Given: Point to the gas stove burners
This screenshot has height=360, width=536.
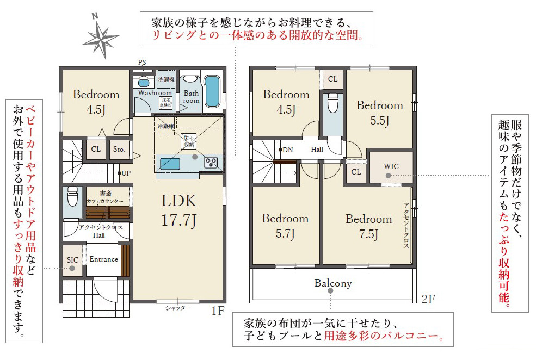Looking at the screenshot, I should point(211,162).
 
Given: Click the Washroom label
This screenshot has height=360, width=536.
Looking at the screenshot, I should point(155,93).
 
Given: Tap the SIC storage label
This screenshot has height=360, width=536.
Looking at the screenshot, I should point(72,260).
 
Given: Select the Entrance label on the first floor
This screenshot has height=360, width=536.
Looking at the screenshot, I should point(103,259).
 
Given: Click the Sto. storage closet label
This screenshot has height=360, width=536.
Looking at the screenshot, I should point(119,149).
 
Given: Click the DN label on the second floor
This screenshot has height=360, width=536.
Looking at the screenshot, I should point(288,150).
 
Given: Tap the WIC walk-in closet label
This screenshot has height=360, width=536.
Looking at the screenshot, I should point(391,166).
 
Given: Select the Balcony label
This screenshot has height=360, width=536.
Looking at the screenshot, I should point(333,283).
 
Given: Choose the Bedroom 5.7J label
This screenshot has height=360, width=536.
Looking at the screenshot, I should point(285,226).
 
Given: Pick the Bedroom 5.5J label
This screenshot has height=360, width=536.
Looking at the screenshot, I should point(380,113).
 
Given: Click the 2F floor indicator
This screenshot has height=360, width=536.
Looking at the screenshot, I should point(429,299).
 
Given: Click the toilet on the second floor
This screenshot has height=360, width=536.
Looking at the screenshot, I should point(332,103).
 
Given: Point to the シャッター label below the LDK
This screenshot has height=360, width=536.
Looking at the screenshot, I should point(178,308).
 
